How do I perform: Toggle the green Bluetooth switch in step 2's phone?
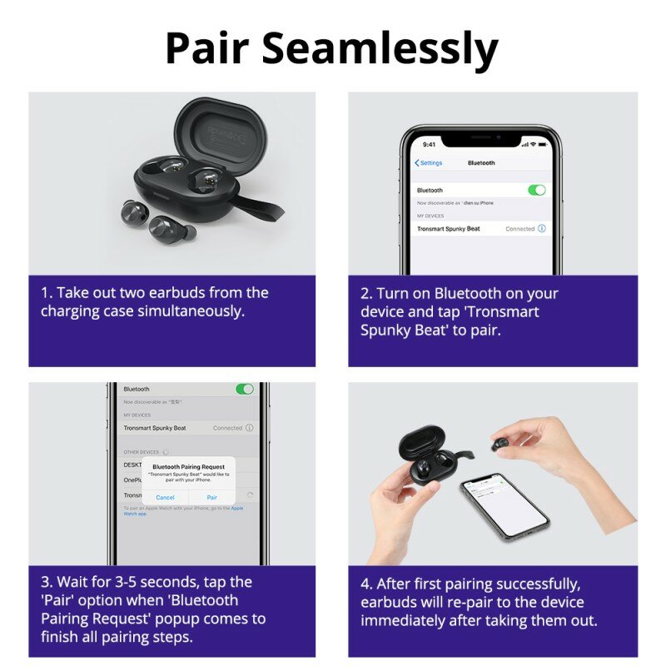coord(537,190)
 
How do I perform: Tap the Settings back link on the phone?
coord(430,163)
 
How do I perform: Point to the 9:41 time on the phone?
coord(429,144)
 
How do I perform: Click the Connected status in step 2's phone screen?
coord(519,228)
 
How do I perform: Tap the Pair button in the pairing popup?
coord(211,497)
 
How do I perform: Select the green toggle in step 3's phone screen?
coord(245,389)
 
